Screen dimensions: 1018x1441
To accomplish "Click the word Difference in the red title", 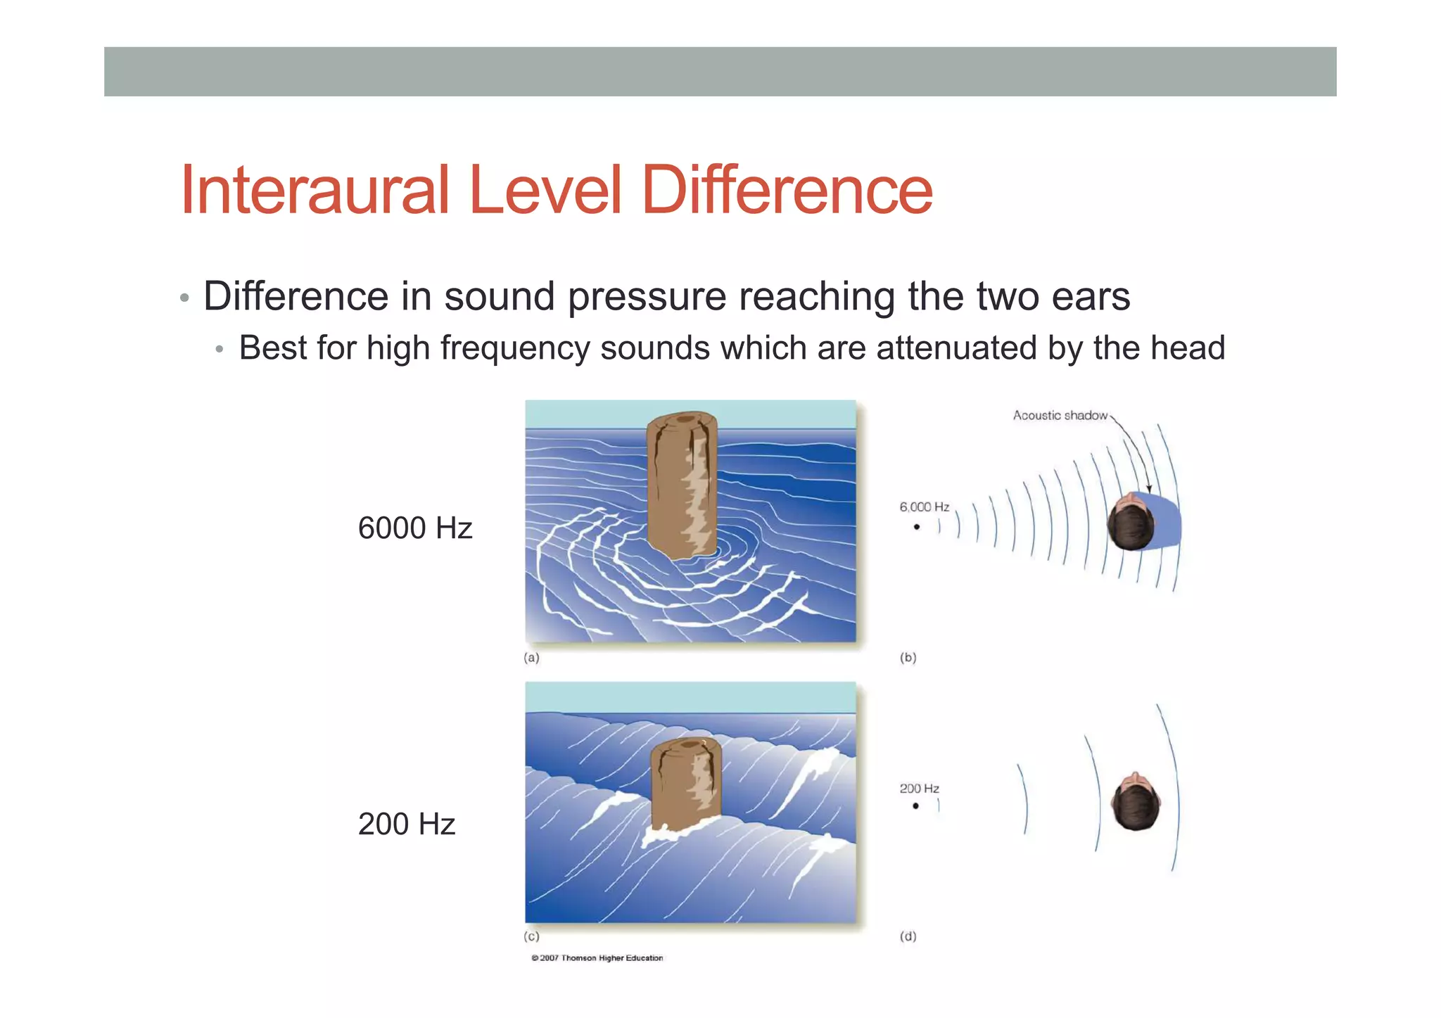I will pyautogui.click(x=787, y=190).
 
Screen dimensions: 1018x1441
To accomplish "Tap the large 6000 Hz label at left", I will pyautogui.click(x=414, y=528).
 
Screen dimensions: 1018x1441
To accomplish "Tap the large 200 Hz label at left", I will pyautogui.click(x=406, y=824).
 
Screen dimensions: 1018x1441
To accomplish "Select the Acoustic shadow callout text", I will pyautogui.click(x=1060, y=415).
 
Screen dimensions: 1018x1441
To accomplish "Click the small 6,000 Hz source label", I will pyautogui.click(x=924, y=507).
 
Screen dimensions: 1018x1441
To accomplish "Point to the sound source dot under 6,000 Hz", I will pyautogui.click(x=917, y=527).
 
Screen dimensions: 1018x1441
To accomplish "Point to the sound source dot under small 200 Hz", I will pyautogui.click(x=915, y=806).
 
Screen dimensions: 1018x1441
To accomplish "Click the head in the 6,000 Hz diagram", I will pyautogui.click(x=1129, y=523).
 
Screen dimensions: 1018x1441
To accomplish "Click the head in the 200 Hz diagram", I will pyautogui.click(x=1134, y=802).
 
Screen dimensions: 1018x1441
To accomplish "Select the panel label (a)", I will pyautogui.click(x=531, y=658).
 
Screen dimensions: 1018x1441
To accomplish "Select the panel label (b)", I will pyautogui.click(x=908, y=658).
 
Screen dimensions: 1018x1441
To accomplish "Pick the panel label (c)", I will pyautogui.click(x=531, y=936).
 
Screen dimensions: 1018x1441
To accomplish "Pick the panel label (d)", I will pyautogui.click(x=908, y=936).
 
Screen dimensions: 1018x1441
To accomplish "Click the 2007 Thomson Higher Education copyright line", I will pyautogui.click(x=597, y=957).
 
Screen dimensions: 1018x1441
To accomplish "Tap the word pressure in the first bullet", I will pyautogui.click(x=647, y=295).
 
